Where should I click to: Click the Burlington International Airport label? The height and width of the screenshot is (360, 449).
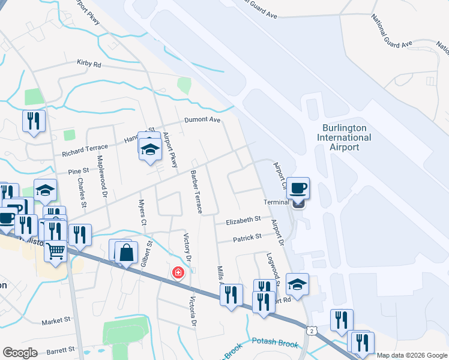(346, 137)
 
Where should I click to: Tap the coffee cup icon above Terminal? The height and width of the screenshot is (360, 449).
(298, 188)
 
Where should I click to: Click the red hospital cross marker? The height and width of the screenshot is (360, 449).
(178, 273)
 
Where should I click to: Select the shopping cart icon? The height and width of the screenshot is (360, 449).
(56, 251)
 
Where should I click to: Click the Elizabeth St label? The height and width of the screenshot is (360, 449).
(243, 221)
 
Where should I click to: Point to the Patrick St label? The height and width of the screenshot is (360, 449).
(247, 238)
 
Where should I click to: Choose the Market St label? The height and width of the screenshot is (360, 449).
(56, 322)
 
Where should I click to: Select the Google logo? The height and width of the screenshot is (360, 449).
(20, 353)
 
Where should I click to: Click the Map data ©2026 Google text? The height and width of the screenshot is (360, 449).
(411, 355)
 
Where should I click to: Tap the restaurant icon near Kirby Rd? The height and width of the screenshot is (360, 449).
(34, 122)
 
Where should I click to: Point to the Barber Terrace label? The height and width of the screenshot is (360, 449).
(197, 192)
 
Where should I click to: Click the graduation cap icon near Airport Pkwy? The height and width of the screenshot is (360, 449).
(149, 150)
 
